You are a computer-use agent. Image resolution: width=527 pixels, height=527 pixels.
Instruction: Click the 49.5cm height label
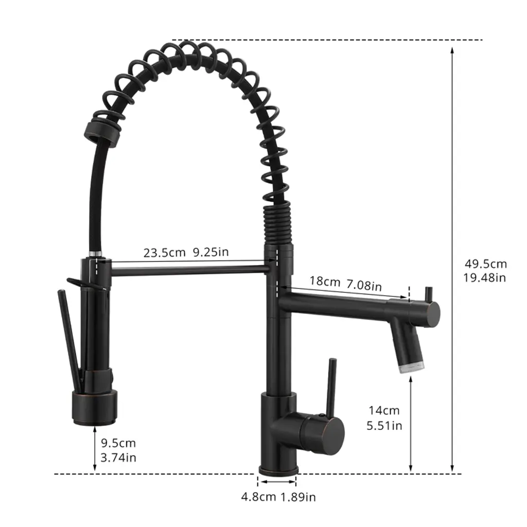486,264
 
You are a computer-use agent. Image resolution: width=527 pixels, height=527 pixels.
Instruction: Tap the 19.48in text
485,277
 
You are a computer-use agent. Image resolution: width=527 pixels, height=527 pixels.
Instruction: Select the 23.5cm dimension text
164,253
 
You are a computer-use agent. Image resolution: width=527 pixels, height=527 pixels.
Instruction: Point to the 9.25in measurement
210,252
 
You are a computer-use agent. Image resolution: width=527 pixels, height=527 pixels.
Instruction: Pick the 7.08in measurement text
364,285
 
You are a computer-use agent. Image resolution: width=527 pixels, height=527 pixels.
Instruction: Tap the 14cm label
384,410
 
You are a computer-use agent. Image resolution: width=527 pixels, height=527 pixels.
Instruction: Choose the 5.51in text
384,426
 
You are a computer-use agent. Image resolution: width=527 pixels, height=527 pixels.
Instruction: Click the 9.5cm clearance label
118,443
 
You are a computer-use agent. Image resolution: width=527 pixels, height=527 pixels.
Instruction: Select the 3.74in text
118,458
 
